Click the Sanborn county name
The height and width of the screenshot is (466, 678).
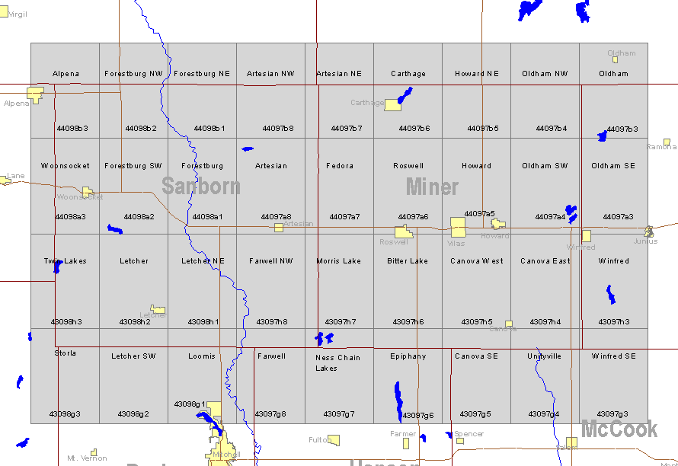point(201,187)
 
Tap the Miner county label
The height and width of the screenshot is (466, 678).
point(432,187)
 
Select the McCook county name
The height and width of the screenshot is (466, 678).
point(619,429)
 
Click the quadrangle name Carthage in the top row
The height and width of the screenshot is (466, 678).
point(408,74)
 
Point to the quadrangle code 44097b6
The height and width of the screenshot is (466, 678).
point(414,129)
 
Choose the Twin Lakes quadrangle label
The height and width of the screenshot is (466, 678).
point(65,261)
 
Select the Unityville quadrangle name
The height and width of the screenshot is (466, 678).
point(544,356)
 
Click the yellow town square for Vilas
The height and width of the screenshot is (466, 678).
point(457,227)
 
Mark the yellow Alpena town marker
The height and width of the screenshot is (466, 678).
point(35,94)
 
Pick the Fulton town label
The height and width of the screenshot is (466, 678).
point(318,440)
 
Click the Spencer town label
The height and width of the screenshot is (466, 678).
point(469,434)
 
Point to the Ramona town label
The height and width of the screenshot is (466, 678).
point(660,147)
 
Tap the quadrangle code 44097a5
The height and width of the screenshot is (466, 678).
point(479,214)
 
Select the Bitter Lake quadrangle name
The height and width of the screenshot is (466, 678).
point(408,261)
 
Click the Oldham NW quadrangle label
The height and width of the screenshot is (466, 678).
point(545,74)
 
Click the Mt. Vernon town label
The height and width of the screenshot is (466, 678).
point(87,458)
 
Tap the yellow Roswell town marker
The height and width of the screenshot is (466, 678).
point(403,232)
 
